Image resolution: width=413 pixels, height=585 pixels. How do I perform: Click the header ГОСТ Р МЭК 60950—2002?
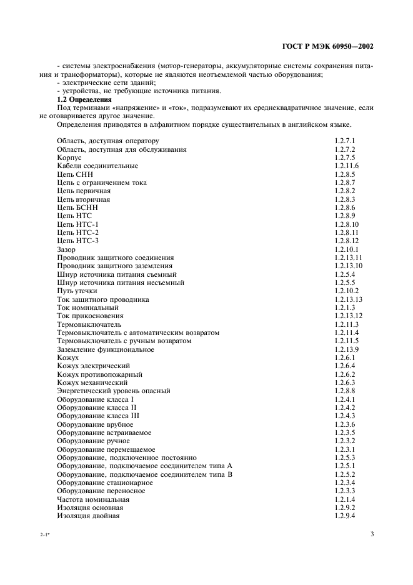point(328,47)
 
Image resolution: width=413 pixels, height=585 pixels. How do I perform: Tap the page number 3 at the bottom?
point(372,534)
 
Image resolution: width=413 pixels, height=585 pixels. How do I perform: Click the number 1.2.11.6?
point(346,166)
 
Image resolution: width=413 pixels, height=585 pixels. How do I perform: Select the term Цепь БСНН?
point(77,207)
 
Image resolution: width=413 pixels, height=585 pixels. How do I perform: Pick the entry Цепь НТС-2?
point(78,232)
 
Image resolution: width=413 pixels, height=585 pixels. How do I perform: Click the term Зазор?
point(66,249)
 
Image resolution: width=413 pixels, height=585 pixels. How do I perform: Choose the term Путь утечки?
point(77,291)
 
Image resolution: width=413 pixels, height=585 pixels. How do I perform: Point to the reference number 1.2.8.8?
point(344,391)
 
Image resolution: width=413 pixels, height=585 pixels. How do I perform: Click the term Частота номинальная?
point(93,499)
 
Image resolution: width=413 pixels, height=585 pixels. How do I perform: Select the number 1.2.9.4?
point(344,516)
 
